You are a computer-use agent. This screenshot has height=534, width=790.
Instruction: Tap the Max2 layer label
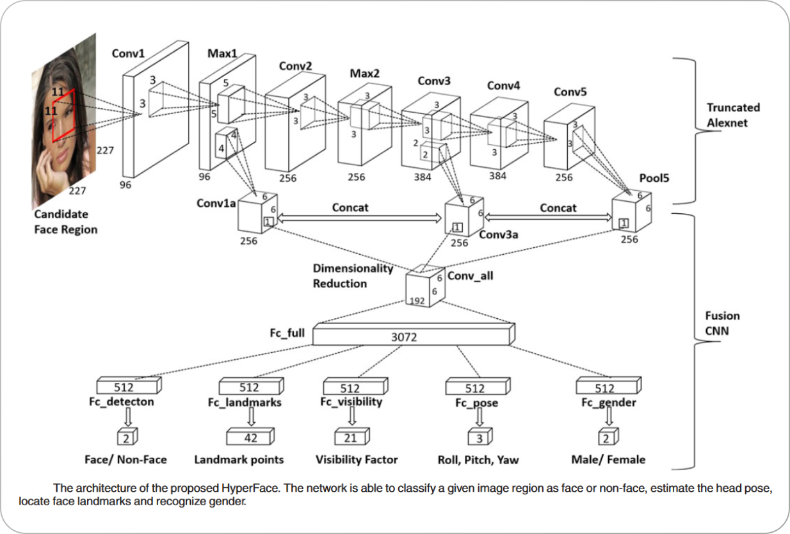(364, 74)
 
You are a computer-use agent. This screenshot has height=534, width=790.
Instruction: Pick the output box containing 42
(251, 438)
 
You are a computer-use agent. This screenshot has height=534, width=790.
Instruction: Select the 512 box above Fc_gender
(607, 387)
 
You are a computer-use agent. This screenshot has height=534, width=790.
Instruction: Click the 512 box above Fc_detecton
(127, 387)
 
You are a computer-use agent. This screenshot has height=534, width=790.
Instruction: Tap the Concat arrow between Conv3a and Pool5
(548, 218)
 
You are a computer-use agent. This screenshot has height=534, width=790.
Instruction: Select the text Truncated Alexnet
(733, 115)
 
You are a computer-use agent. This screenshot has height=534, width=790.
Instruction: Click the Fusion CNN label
(722, 323)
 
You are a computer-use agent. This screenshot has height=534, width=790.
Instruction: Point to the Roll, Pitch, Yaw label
(478, 460)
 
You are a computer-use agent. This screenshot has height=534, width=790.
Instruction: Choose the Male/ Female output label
(608, 460)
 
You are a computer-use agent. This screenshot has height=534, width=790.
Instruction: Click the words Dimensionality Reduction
(352, 276)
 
